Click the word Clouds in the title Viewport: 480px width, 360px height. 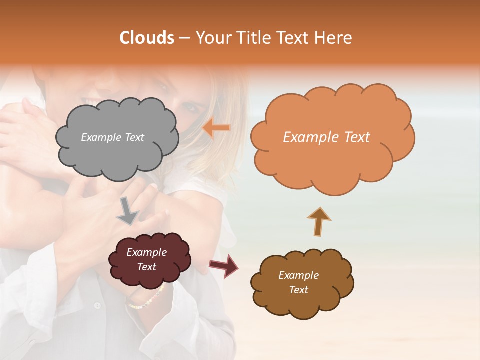click(x=147, y=38)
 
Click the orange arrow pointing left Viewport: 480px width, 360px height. click(x=216, y=128)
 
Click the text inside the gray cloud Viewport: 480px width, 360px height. click(x=112, y=137)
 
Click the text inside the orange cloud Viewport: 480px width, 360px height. click(x=326, y=137)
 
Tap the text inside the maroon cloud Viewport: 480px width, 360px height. click(x=146, y=259)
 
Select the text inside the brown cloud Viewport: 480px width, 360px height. click(x=298, y=282)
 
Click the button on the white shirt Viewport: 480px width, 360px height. click(x=98, y=304)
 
